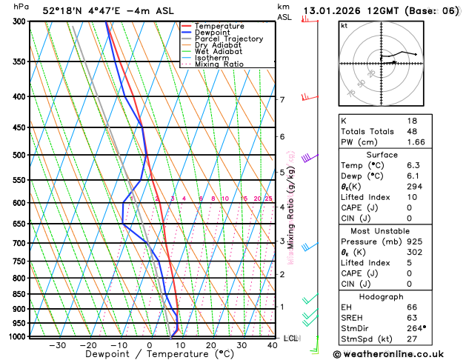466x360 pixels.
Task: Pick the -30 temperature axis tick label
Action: [x=57, y=345]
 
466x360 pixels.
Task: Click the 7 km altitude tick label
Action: [x=282, y=100]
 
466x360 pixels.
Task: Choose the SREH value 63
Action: [x=412, y=317]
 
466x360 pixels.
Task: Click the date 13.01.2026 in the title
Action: [x=333, y=11]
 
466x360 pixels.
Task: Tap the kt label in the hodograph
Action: [x=344, y=25]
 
